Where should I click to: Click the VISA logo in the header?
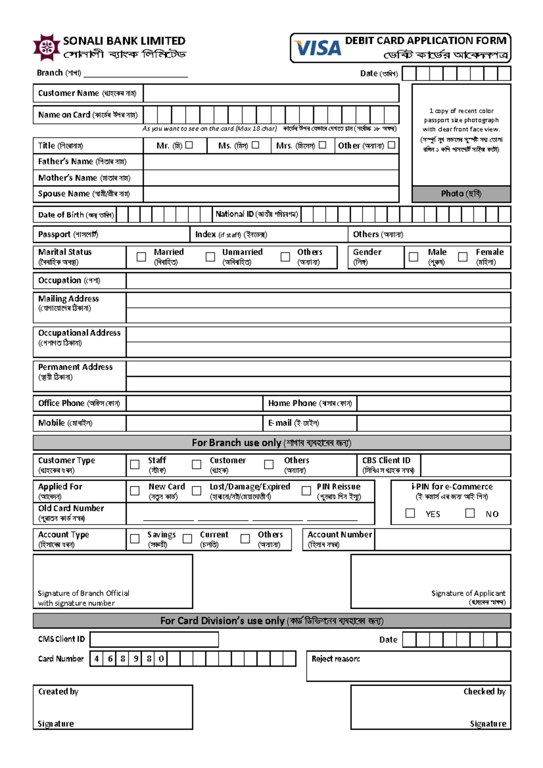tap(318, 48)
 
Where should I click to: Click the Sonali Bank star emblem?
tap(47, 47)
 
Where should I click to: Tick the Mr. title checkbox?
tap(189, 145)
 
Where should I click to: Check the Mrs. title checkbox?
tap(322, 145)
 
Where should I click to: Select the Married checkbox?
tap(141, 257)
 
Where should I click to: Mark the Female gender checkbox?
tap(462, 257)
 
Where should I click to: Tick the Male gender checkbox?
tap(413, 257)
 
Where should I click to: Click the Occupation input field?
tap(318, 280)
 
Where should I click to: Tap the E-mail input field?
tap(433, 423)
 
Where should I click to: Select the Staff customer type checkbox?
tap(135, 465)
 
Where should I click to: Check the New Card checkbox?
tap(135, 491)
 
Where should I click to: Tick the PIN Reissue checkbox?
tap(306, 491)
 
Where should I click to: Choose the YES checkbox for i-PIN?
tap(410, 513)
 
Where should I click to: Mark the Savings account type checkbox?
tap(135, 539)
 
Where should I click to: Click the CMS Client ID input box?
tap(154, 640)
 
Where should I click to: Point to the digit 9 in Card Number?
tap(136, 659)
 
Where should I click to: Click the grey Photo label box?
tap(461, 194)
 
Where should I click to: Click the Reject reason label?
tap(335, 659)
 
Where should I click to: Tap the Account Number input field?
tap(442, 539)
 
